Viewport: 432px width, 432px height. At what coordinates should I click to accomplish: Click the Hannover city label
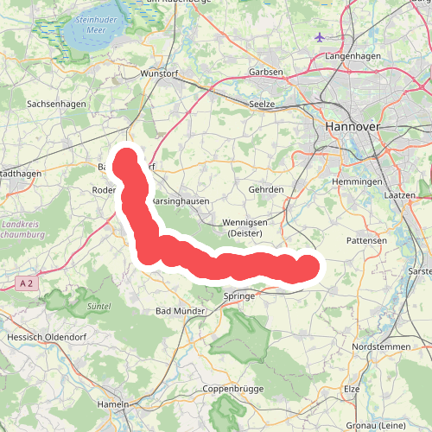pos(353,126)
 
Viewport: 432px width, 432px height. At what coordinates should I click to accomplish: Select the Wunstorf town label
pos(158,74)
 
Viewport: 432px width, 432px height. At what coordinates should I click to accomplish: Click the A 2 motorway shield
pos(29,282)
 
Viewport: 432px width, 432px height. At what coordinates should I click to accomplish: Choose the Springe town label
pos(239,295)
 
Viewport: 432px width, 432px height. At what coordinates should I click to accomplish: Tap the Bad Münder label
pos(180,310)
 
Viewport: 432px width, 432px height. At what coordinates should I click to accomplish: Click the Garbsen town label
pos(265,72)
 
